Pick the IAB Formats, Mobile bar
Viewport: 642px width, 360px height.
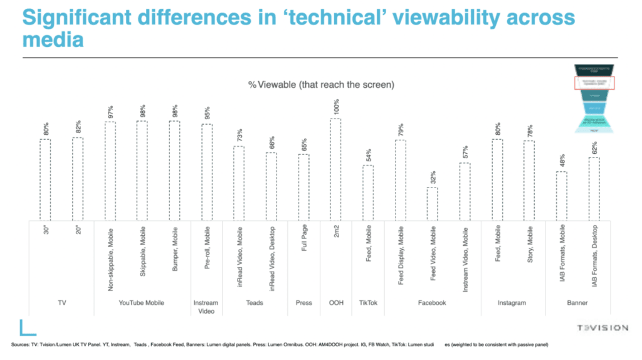[x=562, y=195]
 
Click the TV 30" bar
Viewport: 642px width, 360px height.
[x=45, y=179]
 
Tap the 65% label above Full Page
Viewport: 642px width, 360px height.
[x=303, y=144]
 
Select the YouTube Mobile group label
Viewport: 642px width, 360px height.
[x=142, y=302]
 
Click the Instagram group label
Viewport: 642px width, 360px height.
[x=513, y=302]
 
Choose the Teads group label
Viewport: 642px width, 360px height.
[x=255, y=302]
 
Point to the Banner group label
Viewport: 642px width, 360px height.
[x=577, y=302]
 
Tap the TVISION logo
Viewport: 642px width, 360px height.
[x=603, y=327]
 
